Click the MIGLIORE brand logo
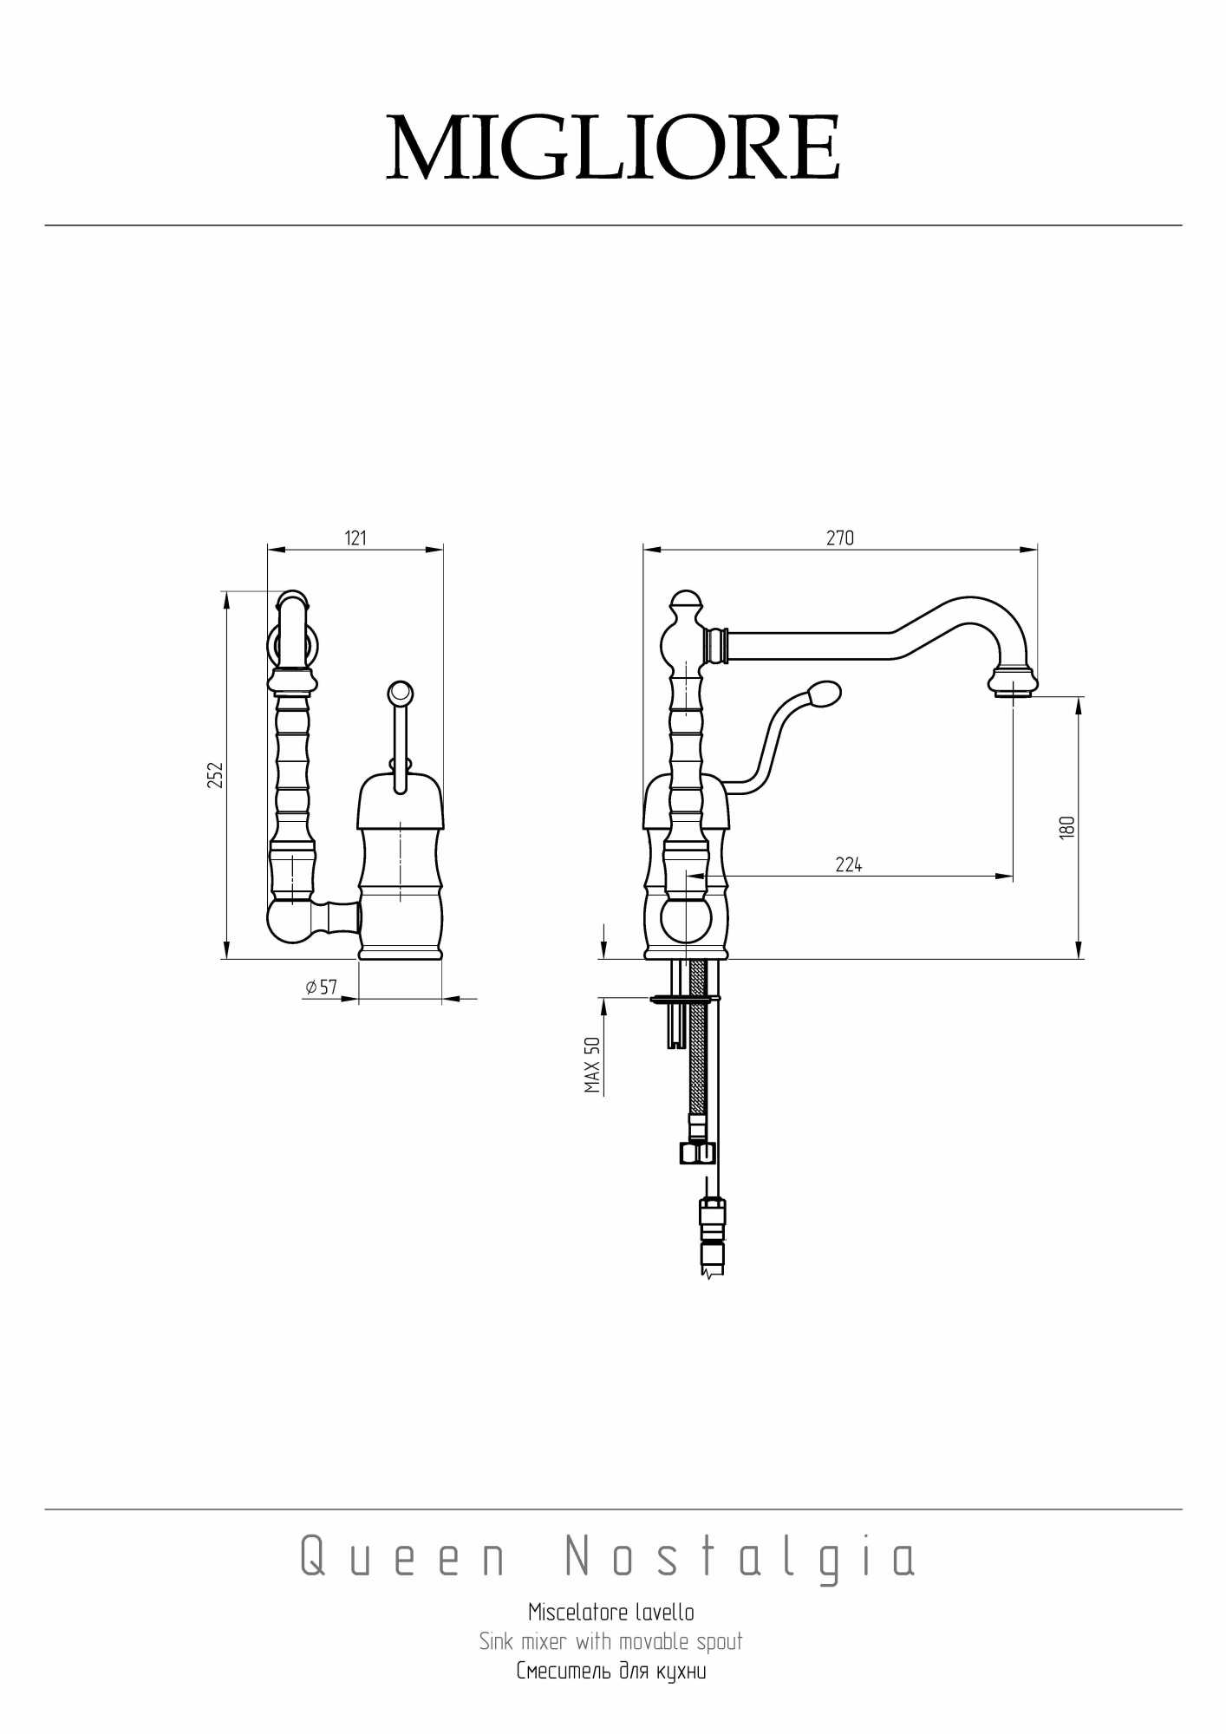click(x=613, y=147)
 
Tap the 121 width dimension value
click(x=355, y=538)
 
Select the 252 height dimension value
click(x=216, y=774)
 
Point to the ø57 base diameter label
click(x=322, y=987)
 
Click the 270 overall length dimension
click(x=839, y=538)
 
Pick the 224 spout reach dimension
click(x=849, y=864)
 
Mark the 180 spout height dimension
click(x=1067, y=826)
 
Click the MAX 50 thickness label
click(x=593, y=1065)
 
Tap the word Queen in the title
click(x=403, y=1557)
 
